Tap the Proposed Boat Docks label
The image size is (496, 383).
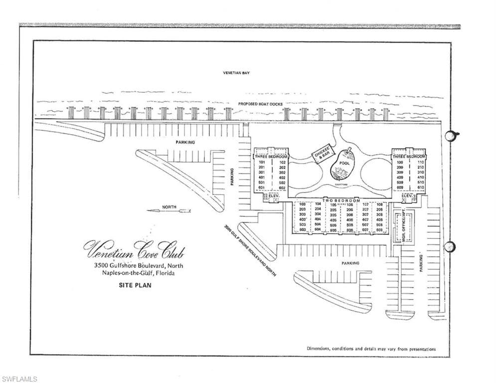pos(260,104)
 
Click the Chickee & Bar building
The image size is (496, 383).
pos(323,154)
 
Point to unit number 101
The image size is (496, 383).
pos(262,162)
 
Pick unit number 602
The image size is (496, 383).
pos(282,188)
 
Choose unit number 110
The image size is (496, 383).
pos(421,163)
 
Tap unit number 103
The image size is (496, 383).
pos(303,204)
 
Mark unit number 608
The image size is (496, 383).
pos(380,230)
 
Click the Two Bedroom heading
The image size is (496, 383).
pos(341,199)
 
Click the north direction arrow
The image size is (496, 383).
pos(169,211)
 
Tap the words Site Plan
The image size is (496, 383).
pos(135,286)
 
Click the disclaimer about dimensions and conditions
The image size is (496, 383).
pos(371,349)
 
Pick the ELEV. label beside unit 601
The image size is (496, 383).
pos(273,196)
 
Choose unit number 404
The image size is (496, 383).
pos(318,219)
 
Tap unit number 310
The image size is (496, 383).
pos(421,173)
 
